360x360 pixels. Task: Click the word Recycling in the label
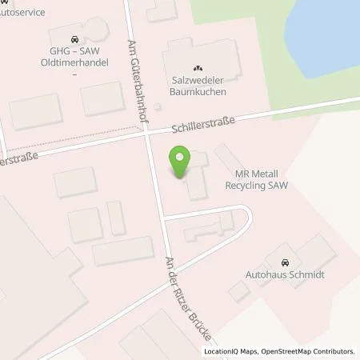point(250,185)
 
